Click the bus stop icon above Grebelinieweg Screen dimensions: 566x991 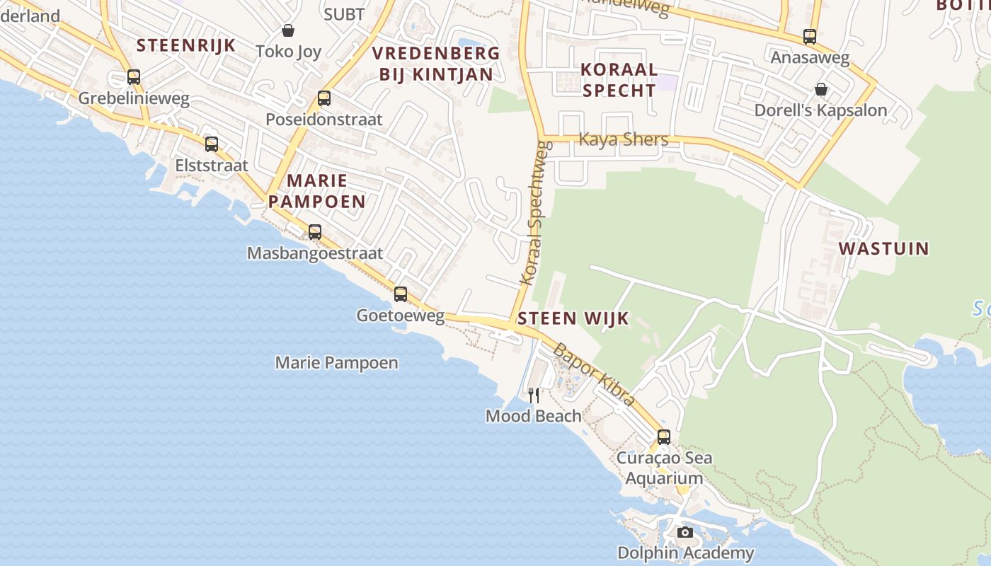(x=134, y=77)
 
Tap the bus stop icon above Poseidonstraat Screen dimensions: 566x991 (x=324, y=98)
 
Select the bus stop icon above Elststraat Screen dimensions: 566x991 (x=212, y=144)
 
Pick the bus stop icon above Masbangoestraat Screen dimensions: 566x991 (x=315, y=231)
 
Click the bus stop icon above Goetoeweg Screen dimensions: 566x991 (x=401, y=294)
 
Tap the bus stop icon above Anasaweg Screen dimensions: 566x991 (x=810, y=36)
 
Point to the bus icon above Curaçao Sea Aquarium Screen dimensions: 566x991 (x=664, y=437)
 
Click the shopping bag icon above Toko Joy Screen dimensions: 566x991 (x=288, y=30)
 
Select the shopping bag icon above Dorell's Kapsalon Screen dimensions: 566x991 (x=821, y=89)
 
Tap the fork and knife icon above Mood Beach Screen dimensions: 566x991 (x=534, y=395)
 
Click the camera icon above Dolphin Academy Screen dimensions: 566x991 (x=684, y=532)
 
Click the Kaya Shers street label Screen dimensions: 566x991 (x=623, y=139)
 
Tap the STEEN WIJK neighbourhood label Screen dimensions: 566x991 (x=573, y=318)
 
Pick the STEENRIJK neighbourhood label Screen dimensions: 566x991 (x=185, y=45)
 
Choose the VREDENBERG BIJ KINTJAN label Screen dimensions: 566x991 (x=436, y=64)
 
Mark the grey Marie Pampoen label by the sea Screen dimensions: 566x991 (x=336, y=363)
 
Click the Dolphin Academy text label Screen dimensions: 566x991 (x=685, y=553)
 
